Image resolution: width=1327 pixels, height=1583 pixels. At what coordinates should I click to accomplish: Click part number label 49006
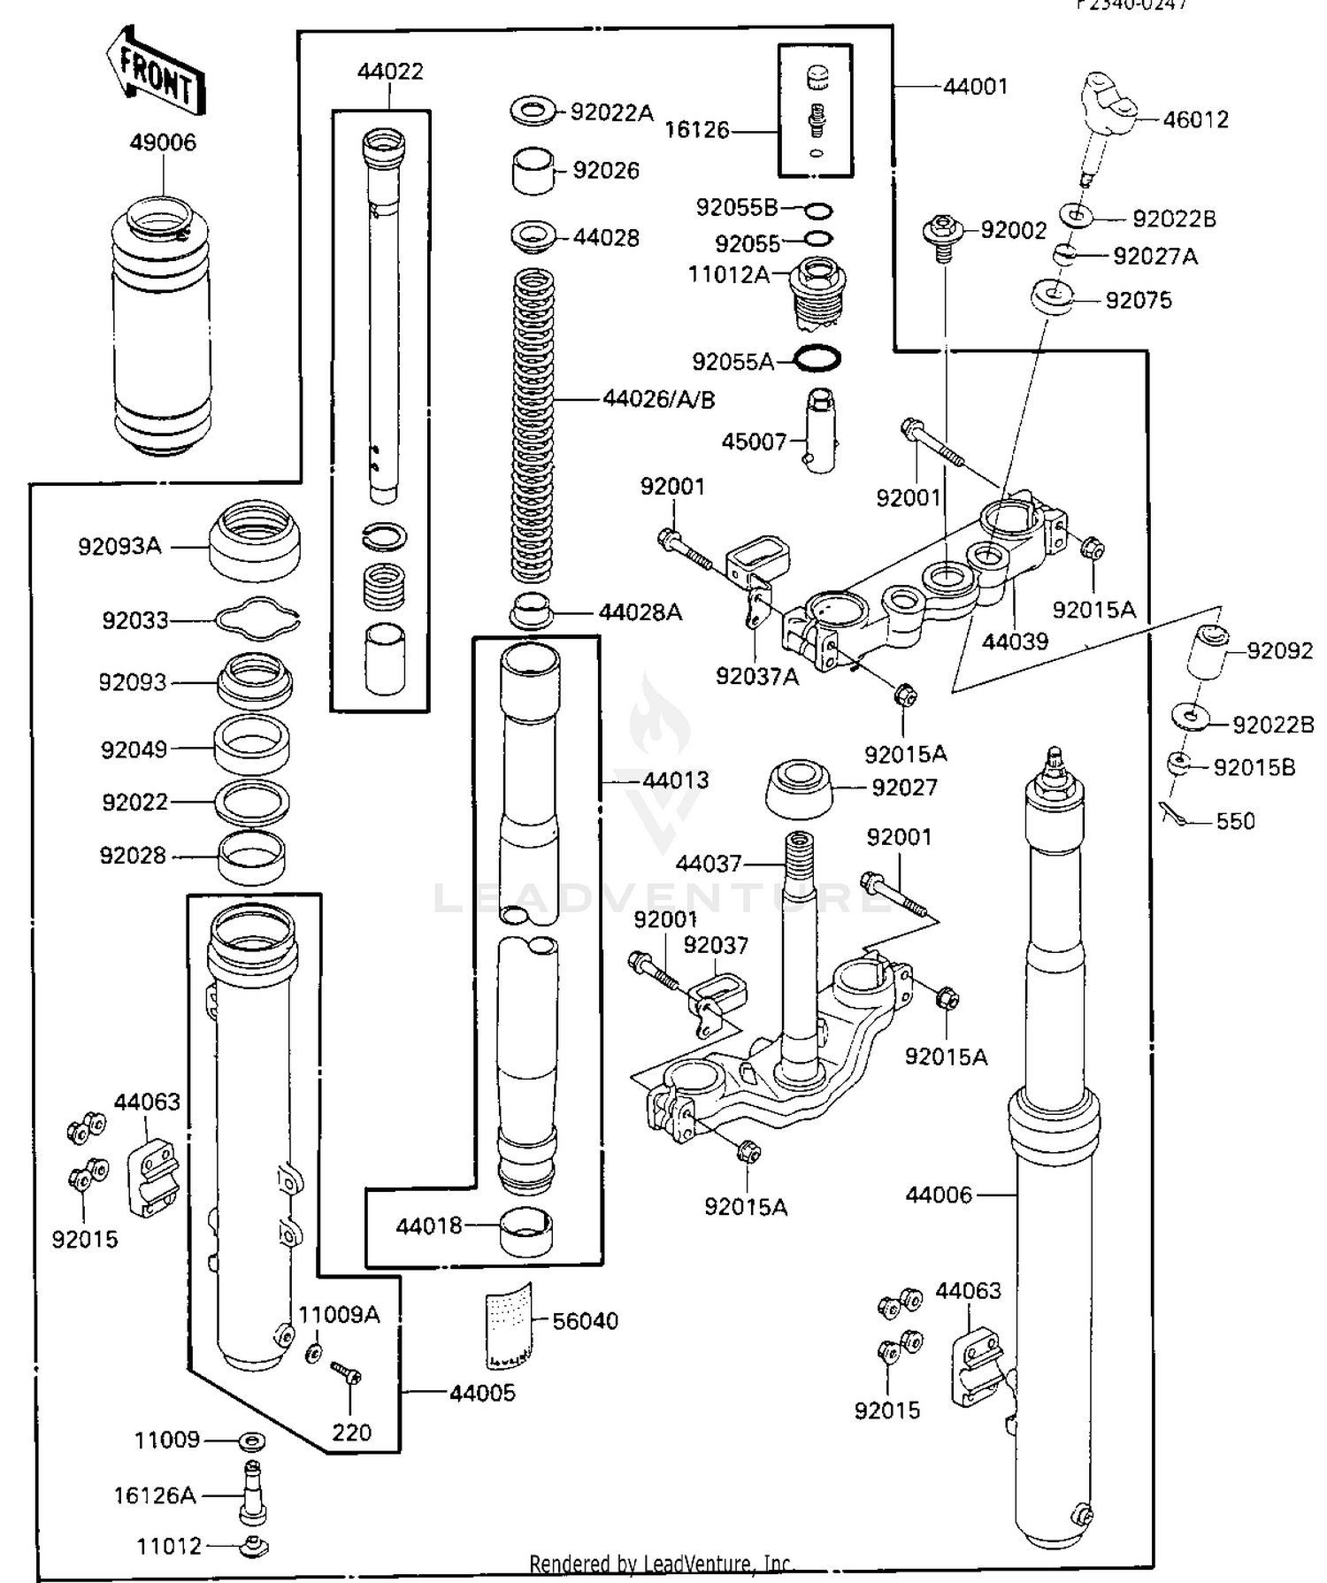[x=163, y=142]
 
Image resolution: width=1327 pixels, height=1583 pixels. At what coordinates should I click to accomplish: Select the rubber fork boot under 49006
[x=162, y=327]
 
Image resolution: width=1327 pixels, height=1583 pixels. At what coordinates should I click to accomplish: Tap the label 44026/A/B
[x=659, y=400]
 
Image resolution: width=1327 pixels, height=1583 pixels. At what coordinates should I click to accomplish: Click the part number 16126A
[x=154, y=1495]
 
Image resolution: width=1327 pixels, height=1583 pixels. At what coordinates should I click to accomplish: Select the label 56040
[x=585, y=1320]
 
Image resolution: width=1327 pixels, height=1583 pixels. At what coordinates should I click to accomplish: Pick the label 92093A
[x=119, y=546]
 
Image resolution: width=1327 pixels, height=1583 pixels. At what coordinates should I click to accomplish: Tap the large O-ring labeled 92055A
[x=817, y=358]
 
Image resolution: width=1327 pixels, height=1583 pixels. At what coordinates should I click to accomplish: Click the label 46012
[x=1195, y=119]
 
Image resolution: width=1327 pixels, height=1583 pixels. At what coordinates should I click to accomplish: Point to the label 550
[x=1235, y=821]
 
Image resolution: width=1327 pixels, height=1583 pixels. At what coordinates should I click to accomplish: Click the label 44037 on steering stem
[x=708, y=863]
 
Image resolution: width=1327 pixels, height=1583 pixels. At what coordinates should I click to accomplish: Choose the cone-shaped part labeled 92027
[x=798, y=787]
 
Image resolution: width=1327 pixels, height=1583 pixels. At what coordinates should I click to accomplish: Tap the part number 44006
[x=939, y=1195]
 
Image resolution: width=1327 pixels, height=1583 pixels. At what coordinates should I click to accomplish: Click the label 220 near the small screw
[x=351, y=1432]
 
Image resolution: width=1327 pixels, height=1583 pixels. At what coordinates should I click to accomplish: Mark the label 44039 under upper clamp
[x=1015, y=641]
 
